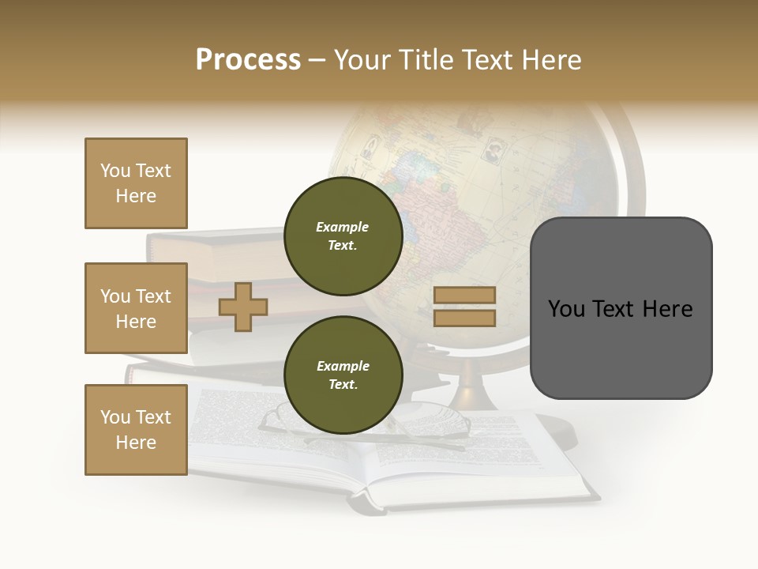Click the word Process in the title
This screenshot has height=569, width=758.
248,60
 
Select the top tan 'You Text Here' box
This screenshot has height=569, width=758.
136,183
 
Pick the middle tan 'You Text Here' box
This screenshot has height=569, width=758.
136,308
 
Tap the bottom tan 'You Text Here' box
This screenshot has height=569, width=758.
136,430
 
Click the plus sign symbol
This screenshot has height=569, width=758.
243,307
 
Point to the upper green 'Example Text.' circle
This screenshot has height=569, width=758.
343,236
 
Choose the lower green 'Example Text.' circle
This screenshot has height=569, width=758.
343,375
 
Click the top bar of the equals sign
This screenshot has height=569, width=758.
464,295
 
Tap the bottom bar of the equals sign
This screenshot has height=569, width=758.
464,318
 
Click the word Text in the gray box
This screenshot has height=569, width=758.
616,308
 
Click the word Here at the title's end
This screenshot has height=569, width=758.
550,60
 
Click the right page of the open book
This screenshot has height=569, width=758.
490,458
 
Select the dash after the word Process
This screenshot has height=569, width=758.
317,60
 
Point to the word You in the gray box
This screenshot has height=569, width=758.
566,308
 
